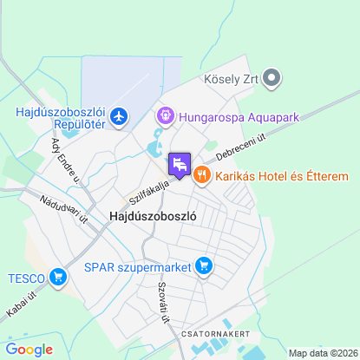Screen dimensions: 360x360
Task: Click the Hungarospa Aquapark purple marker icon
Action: (x=162, y=115)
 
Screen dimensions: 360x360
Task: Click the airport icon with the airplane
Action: (x=119, y=117)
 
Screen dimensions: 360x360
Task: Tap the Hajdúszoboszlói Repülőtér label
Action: (x=61, y=118)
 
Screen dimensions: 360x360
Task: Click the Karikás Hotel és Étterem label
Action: (x=282, y=176)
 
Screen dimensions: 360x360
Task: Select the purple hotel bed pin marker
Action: (x=180, y=164)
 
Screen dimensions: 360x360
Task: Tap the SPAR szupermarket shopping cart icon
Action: (x=204, y=265)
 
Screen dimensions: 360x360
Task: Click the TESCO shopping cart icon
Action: (x=59, y=278)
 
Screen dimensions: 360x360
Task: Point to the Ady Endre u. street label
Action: (x=65, y=160)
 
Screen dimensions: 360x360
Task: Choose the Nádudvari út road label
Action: (x=64, y=209)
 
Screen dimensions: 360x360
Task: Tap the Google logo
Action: (x=29, y=349)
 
